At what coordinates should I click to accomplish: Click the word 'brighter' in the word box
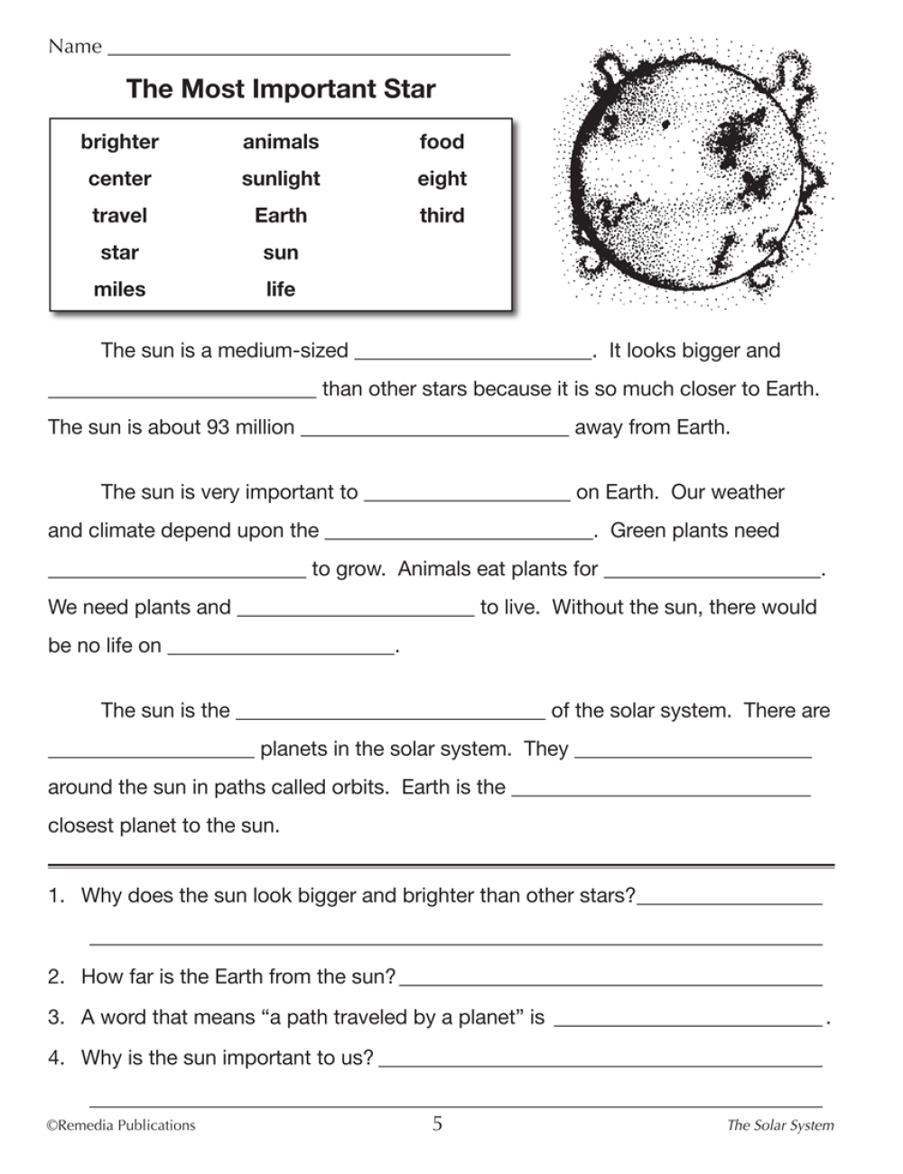point(119,142)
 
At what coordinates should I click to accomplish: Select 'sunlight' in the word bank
point(281,179)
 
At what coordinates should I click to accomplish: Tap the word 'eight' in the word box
point(442,179)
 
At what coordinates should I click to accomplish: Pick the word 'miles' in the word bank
point(119,289)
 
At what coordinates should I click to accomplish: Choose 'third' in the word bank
point(442,216)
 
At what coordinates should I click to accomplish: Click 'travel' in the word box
point(119,216)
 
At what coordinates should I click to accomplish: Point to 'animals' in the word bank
point(281,142)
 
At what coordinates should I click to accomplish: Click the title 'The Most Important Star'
point(281,89)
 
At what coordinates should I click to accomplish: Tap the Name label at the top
point(75,46)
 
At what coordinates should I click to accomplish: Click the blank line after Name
point(309,51)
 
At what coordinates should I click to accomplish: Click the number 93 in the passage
point(217,427)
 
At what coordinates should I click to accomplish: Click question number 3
point(57,1018)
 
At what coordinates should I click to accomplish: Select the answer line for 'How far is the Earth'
point(610,981)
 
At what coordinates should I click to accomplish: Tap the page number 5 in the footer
point(438,1124)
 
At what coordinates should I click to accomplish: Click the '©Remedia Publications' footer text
point(121,1125)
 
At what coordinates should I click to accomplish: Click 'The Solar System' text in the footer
point(780,1125)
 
